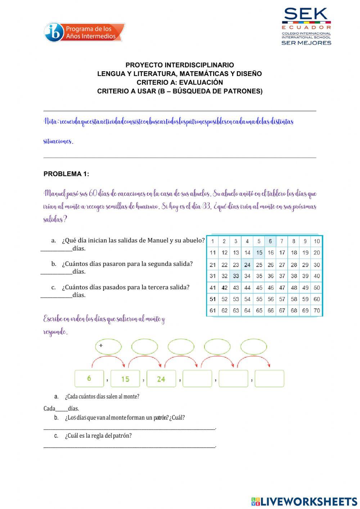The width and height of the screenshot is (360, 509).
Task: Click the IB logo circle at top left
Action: click(54, 32)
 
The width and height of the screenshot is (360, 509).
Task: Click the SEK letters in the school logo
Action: click(306, 15)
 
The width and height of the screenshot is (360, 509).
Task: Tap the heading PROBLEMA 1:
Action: click(66, 174)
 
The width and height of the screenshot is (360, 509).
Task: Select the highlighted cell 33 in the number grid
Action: click(236, 276)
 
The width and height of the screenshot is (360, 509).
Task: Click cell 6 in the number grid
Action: click(270, 241)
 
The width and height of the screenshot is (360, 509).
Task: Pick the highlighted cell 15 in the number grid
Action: click(259, 253)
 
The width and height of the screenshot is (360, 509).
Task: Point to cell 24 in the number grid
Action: click(247, 265)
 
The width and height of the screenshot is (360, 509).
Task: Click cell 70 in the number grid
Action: click(317, 311)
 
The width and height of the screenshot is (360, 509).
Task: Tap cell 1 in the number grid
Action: click(213, 241)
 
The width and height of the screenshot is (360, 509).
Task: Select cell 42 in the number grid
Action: click(224, 288)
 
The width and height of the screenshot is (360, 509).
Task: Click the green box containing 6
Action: click(89, 379)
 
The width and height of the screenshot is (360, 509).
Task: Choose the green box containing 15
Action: click(125, 379)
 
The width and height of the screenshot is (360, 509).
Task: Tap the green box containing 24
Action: click(161, 379)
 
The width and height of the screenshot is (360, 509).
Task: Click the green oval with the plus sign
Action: click(108, 347)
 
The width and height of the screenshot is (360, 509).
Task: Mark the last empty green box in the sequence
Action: click(269, 379)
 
